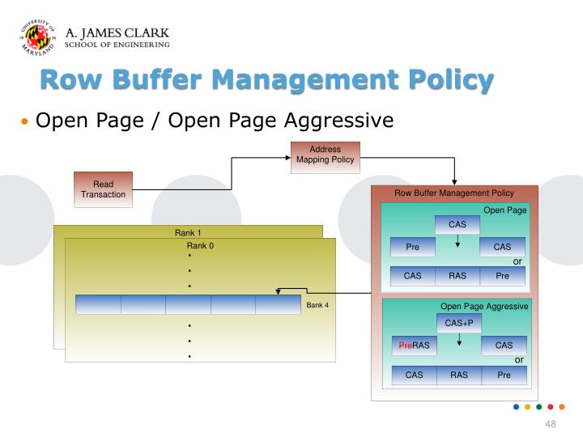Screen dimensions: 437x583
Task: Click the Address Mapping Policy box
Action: (x=325, y=155)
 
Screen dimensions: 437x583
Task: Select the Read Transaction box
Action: (x=103, y=189)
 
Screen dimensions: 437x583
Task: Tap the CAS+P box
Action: (x=459, y=323)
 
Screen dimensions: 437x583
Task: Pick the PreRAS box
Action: (x=414, y=346)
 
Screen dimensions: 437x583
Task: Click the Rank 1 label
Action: (x=188, y=233)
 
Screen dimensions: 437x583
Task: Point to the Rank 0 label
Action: (x=200, y=245)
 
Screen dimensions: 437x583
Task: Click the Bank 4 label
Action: (x=317, y=305)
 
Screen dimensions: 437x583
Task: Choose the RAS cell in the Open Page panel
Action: (x=457, y=276)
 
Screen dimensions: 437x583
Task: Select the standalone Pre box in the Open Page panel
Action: (x=412, y=247)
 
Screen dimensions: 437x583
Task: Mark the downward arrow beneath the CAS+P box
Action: (x=459, y=339)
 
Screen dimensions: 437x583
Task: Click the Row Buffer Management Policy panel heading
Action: (x=454, y=193)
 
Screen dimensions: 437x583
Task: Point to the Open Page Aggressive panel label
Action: (x=483, y=307)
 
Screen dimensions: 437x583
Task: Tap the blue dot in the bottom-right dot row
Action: (x=517, y=407)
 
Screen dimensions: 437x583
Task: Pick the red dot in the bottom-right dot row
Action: (x=551, y=407)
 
